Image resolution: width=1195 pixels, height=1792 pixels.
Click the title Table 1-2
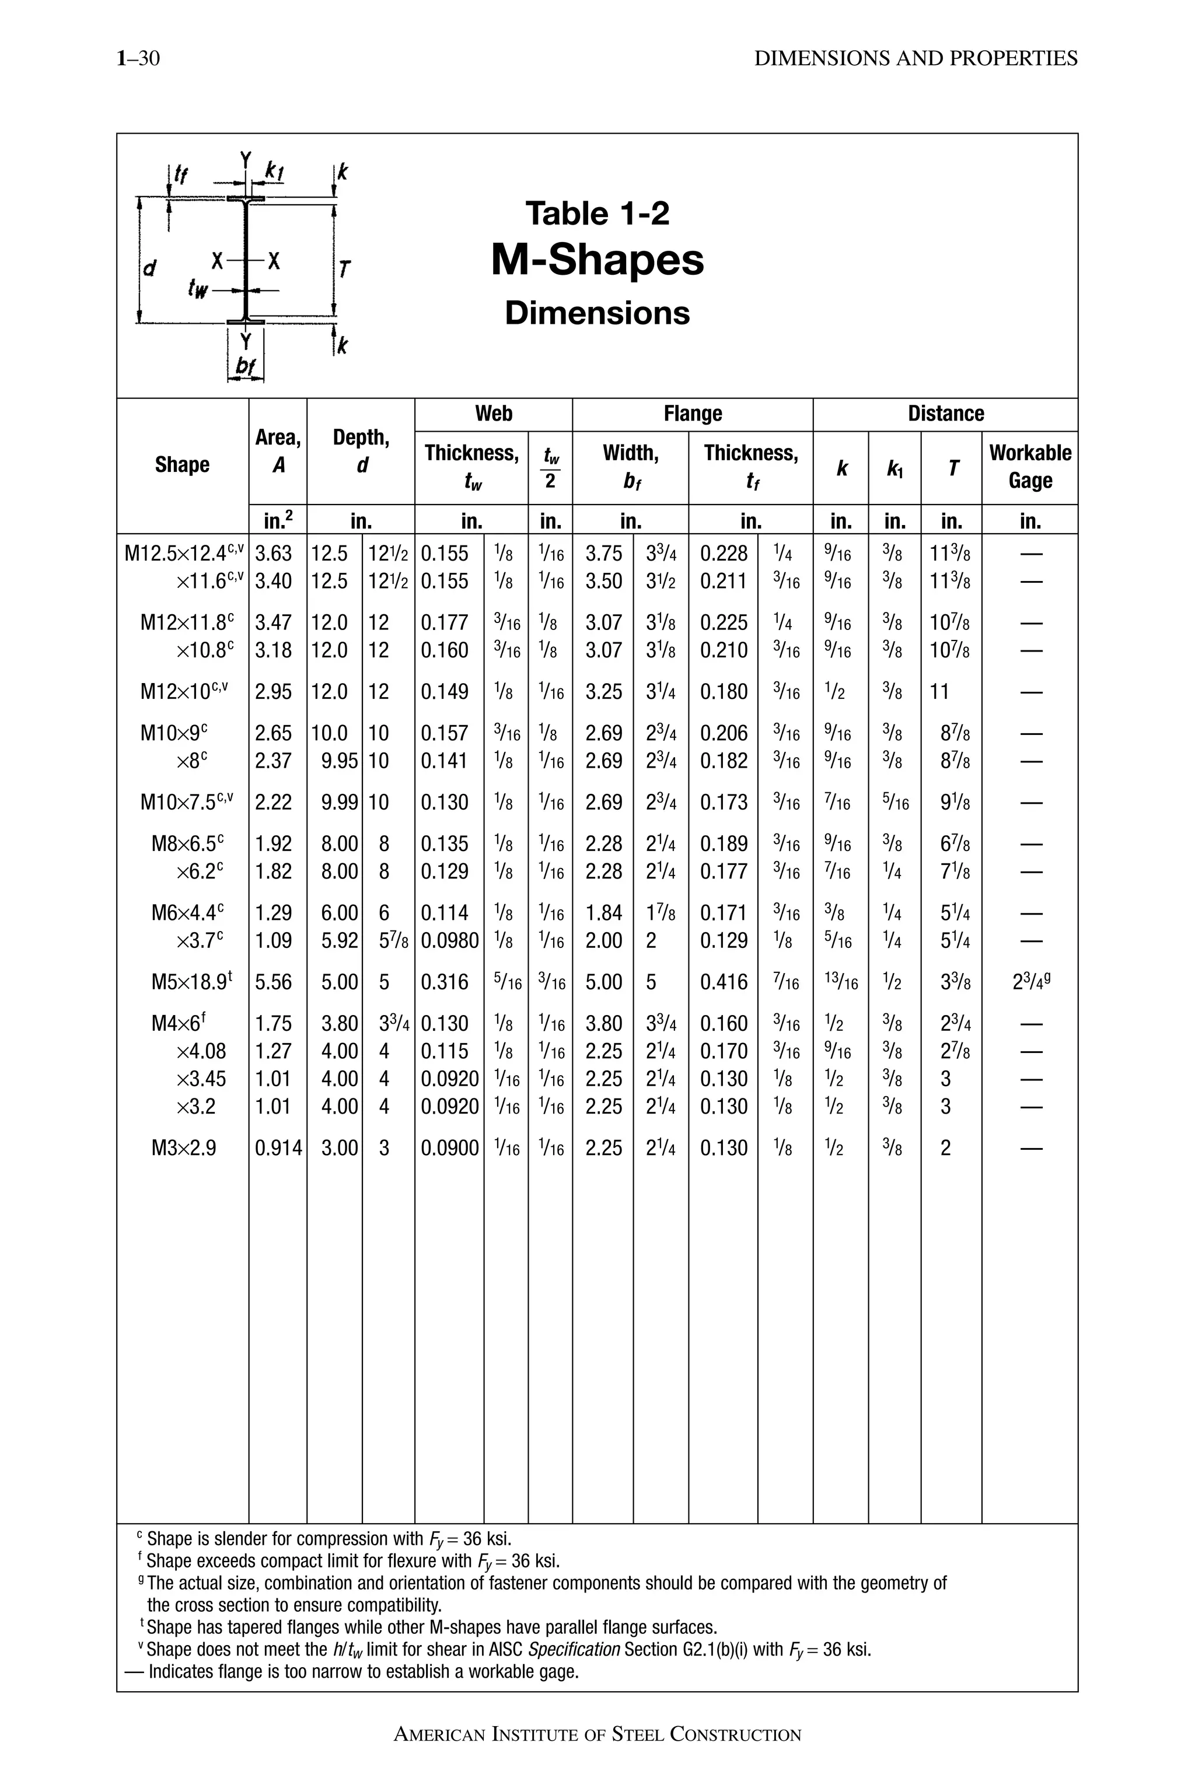(x=597, y=213)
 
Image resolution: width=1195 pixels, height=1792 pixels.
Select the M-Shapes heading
(x=597, y=261)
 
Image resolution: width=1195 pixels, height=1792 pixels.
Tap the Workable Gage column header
(x=1030, y=466)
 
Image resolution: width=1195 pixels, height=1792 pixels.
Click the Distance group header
(x=945, y=414)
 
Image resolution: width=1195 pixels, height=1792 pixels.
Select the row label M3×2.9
(x=184, y=1147)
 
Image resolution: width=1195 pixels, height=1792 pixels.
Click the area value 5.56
(x=274, y=982)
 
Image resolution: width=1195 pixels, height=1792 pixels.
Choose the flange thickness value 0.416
(x=724, y=982)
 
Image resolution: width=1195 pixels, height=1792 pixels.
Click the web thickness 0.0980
(x=450, y=941)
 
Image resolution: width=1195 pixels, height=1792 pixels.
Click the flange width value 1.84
(x=603, y=913)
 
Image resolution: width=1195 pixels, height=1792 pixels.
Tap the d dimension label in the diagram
(x=150, y=267)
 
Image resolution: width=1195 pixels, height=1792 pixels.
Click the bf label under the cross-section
(x=244, y=366)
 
